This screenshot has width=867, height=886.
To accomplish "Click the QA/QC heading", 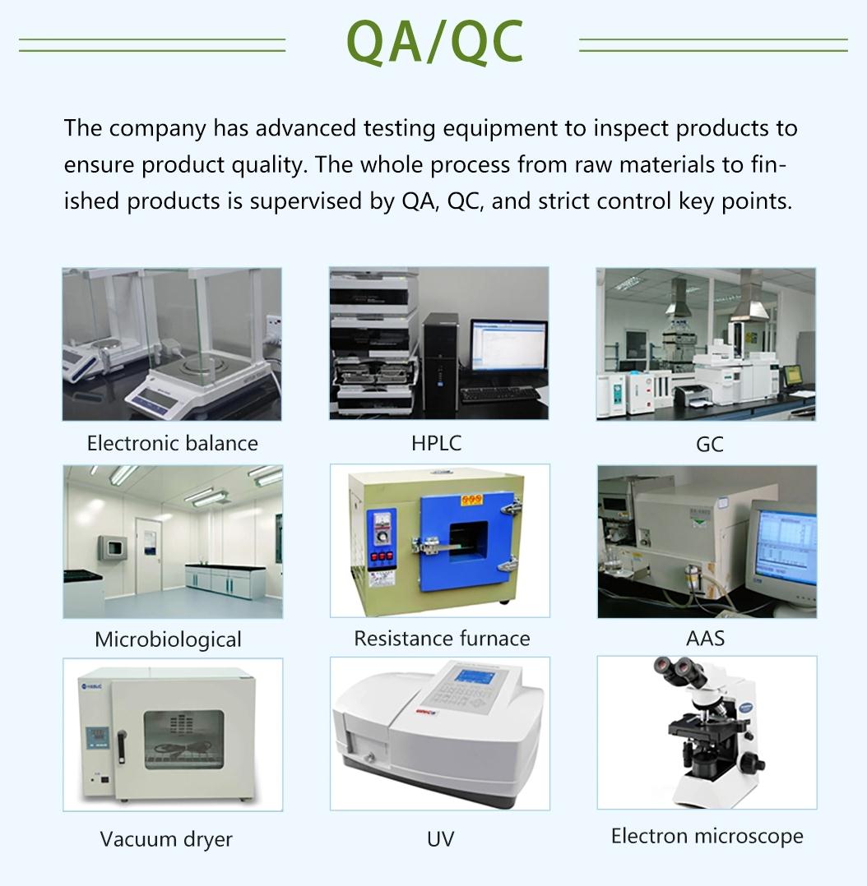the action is (x=434, y=42).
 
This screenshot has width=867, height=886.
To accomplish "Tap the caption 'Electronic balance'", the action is (x=173, y=444).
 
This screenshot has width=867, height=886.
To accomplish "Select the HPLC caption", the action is (x=436, y=443).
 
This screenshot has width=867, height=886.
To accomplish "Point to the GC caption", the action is (x=709, y=444).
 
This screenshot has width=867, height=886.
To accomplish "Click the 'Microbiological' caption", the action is (x=168, y=639).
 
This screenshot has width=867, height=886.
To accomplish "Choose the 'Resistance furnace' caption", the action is (x=442, y=639).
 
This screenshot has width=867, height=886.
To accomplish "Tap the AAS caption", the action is (x=705, y=639).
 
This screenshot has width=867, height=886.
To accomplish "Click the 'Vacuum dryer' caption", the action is (x=166, y=840).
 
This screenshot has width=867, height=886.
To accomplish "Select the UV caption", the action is (x=440, y=839).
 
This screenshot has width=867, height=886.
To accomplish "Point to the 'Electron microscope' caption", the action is (x=707, y=836).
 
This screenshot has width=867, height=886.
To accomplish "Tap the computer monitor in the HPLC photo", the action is (x=508, y=346).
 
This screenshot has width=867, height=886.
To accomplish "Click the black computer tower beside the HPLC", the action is (x=441, y=362).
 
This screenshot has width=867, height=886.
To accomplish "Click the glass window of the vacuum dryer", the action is (x=183, y=739).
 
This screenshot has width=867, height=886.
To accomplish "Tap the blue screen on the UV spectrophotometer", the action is (x=475, y=676).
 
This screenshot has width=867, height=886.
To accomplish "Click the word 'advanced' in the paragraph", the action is (x=305, y=128).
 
